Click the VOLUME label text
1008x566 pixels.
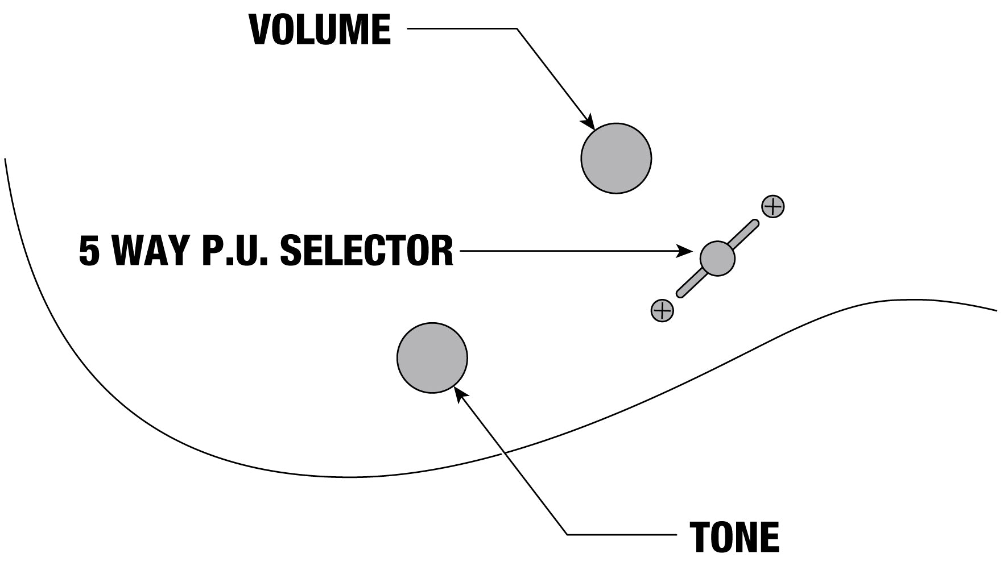point(320,30)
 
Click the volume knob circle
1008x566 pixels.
point(616,158)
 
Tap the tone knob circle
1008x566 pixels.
point(432,357)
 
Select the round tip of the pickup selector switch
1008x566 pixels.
point(717,259)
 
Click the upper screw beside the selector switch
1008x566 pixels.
point(772,207)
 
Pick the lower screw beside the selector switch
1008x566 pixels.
point(662,310)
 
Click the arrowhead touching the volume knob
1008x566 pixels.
point(589,123)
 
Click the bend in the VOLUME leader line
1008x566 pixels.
point(517,28)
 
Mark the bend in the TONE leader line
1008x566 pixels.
point(567,535)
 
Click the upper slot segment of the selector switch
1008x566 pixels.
point(745,233)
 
